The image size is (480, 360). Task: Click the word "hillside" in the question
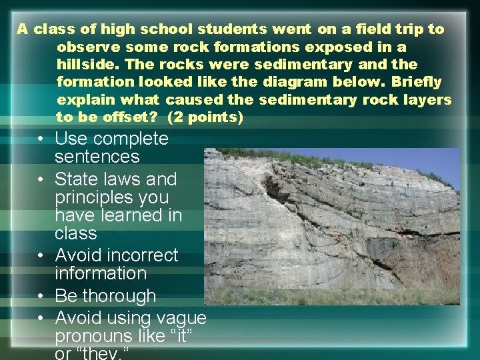(x=87, y=65)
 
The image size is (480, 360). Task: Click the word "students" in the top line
(x=231, y=30)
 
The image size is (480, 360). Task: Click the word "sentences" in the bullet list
(x=97, y=157)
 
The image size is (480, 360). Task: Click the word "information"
(x=101, y=274)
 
